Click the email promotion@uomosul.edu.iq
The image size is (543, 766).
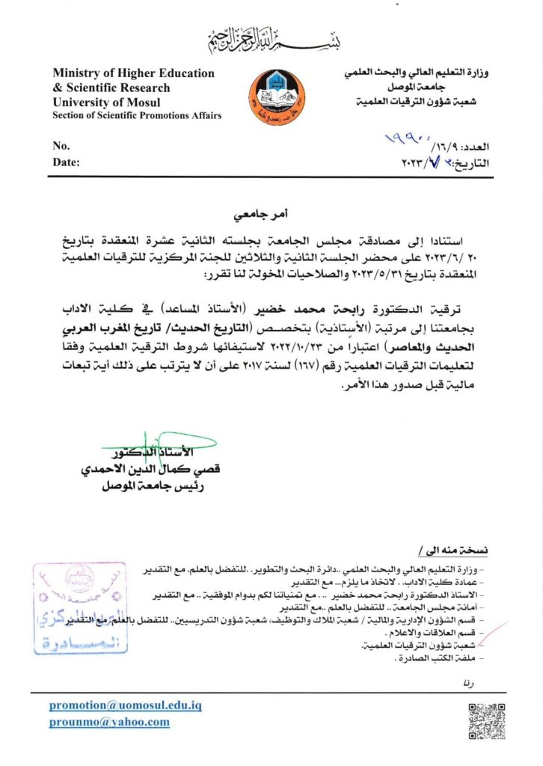126,705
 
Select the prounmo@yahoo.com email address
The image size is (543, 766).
109,722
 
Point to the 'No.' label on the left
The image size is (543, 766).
61,145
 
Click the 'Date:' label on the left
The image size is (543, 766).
66,162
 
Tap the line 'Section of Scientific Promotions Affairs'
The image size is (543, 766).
137,115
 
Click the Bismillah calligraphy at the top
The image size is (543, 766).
271,38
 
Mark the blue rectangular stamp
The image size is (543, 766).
75,607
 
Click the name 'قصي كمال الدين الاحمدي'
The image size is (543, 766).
150,471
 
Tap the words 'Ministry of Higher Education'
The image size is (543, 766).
133,73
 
